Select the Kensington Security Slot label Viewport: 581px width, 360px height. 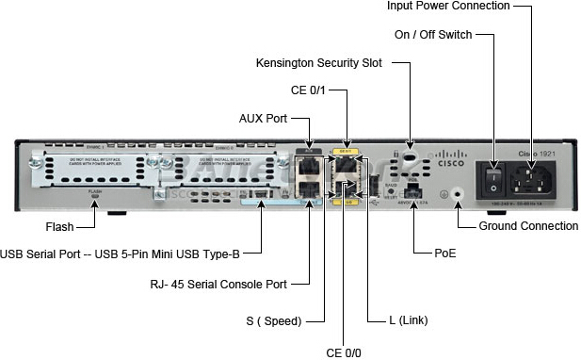(x=320, y=64)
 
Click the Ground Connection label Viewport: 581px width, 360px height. (x=528, y=226)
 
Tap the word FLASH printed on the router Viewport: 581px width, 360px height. (x=94, y=191)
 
